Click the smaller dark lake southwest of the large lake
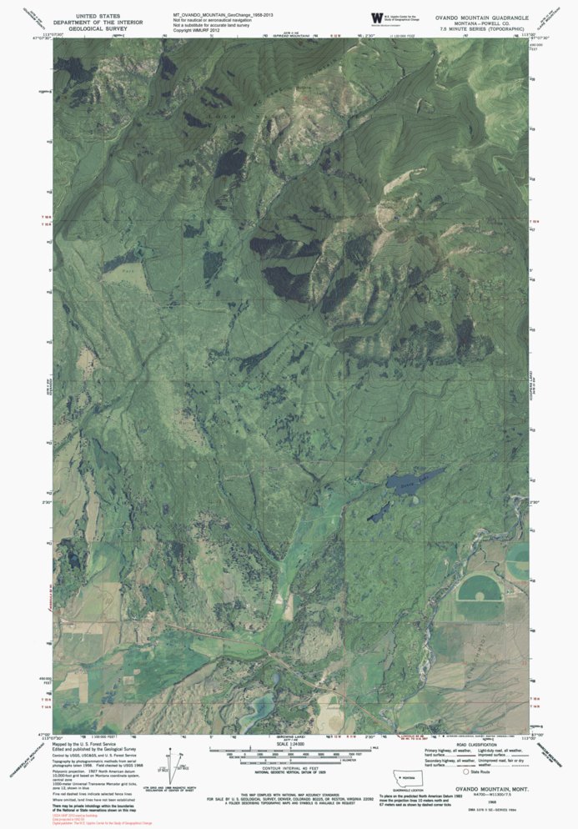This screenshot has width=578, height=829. pyautogui.click(x=379, y=510)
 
